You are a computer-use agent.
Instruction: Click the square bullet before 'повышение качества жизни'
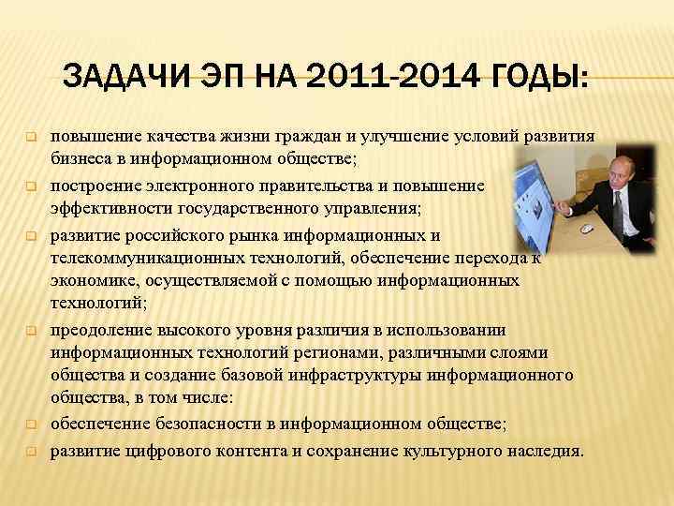pyautogui.click(x=29, y=137)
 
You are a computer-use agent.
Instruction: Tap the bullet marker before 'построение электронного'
pyautogui.click(x=29, y=186)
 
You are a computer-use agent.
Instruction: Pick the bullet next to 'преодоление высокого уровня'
pyautogui.click(x=29, y=331)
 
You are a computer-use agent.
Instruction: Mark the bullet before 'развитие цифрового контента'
pyautogui.click(x=29, y=451)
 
